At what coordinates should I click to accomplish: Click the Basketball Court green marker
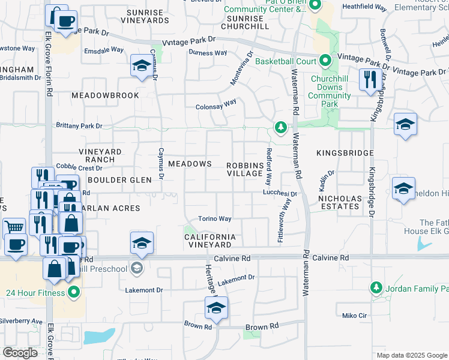click(325, 61)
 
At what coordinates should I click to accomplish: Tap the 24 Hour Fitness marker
click(74, 293)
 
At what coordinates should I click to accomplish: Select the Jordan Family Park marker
click(376, 289)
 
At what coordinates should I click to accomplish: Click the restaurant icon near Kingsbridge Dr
click(370, 79)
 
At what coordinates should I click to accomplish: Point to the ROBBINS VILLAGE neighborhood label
click(245, 169)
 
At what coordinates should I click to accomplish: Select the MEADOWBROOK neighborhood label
click(105, 95)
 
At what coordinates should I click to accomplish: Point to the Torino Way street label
click(215, 219)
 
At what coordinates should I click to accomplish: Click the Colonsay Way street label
click(216, 107)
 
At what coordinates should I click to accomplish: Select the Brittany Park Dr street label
click(79, 126)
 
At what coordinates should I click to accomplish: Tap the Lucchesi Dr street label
click(280, 193)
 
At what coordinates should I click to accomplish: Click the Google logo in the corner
click(20, 353)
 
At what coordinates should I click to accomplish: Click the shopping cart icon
click(14, 228)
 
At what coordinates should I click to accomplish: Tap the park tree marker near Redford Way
click(280, 127)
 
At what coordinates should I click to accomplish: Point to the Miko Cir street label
click(354, 316)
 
